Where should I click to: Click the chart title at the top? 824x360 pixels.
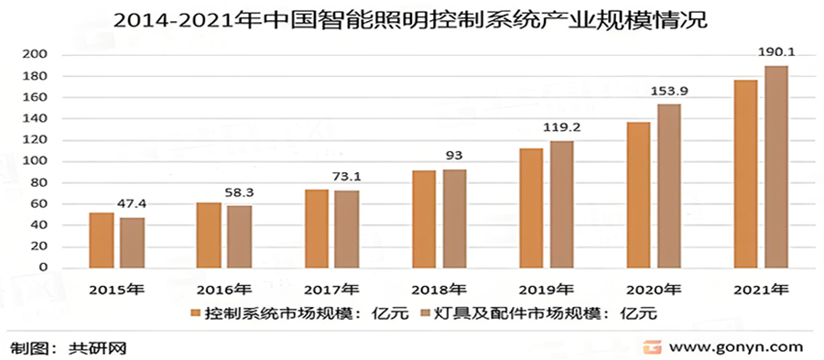411,20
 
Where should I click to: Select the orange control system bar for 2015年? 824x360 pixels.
102,240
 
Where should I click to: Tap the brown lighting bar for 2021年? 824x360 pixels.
775,167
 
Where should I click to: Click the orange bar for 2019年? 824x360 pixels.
531,208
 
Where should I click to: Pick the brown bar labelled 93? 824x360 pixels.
455,218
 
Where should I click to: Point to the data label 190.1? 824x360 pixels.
775,54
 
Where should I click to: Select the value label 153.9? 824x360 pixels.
669,92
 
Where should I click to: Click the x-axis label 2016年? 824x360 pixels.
223,289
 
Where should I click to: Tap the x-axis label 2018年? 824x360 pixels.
439,289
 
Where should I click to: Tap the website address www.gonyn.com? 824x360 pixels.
736,347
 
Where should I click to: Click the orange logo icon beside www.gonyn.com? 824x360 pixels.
652,347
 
